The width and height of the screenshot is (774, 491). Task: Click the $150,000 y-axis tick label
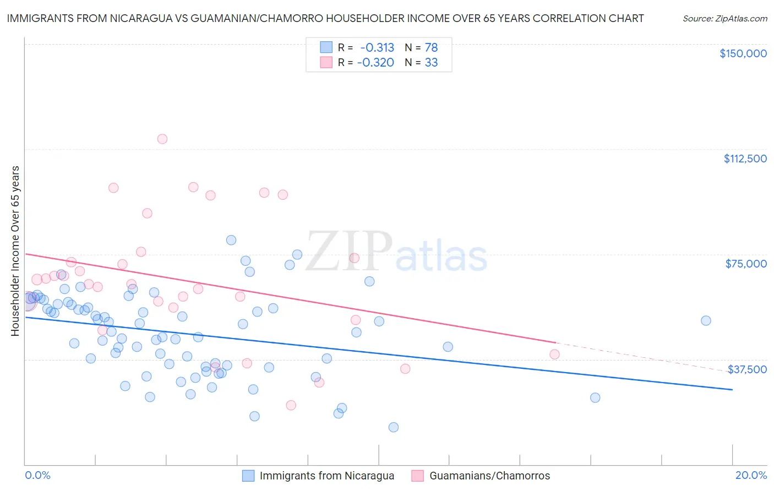[743, 53]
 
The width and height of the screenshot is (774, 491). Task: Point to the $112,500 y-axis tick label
[745, 159]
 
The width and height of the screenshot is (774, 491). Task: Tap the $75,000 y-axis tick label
[746, 264]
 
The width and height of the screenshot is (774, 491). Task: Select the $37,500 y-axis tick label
[747, 369]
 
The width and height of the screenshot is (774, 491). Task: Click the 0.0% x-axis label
[37, 475]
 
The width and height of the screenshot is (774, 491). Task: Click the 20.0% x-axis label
[751, 475]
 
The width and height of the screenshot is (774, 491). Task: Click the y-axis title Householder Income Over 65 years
[15, 251]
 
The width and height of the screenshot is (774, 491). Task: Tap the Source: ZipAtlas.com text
[725, 19]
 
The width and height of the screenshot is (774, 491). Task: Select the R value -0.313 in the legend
[377, 47]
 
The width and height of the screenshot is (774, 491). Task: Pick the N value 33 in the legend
[431, 62]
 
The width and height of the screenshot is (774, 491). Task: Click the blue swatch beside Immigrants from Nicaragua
[248, 476]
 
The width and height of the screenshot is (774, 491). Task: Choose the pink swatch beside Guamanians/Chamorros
[418, 476]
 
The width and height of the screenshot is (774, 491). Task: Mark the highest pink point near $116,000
[162, 139]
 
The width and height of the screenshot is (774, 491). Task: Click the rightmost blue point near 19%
[706, 320]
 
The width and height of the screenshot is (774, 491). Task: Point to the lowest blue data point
[394, 427]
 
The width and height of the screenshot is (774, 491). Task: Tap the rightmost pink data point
[554, 354]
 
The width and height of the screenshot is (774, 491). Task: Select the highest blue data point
[231, 240]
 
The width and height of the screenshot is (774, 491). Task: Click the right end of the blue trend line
[732, 390]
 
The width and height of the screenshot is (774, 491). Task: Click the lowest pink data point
[291, 405]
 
